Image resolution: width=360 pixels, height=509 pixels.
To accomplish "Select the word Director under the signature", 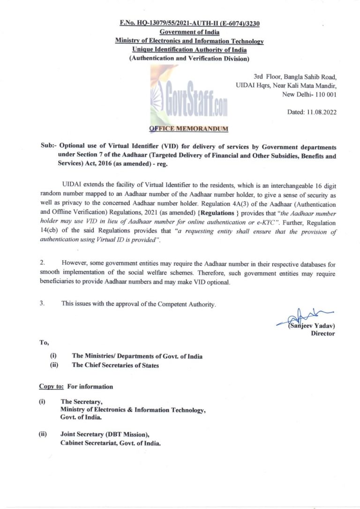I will coord(323,334).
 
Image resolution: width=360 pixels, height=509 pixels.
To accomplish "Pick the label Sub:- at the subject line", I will coord(48,147).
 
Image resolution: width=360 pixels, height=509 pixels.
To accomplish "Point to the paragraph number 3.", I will coord(42,303).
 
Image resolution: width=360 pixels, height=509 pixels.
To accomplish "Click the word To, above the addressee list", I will coord(44,343).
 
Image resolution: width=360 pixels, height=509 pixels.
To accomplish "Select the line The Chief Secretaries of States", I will coord(115,365).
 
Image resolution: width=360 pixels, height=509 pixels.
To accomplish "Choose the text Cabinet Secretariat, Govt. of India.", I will coord(111,443).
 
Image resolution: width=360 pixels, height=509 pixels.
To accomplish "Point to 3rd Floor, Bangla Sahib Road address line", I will coord(295,76).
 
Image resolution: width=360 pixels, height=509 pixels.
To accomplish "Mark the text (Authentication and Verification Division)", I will coord(189,59).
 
